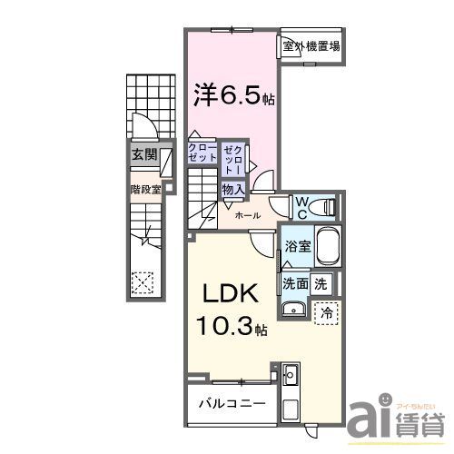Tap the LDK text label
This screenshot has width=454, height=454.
point(227,296)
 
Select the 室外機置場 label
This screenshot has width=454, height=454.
point(311,46)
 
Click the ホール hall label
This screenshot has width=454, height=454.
point(248,215)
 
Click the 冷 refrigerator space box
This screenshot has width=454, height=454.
point(326,311)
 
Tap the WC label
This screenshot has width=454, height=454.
point(299,207)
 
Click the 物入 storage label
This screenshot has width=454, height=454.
point(232,189)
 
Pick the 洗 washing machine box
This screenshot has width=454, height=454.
point(321,283)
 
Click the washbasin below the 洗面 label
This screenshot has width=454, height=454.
point(293,311)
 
